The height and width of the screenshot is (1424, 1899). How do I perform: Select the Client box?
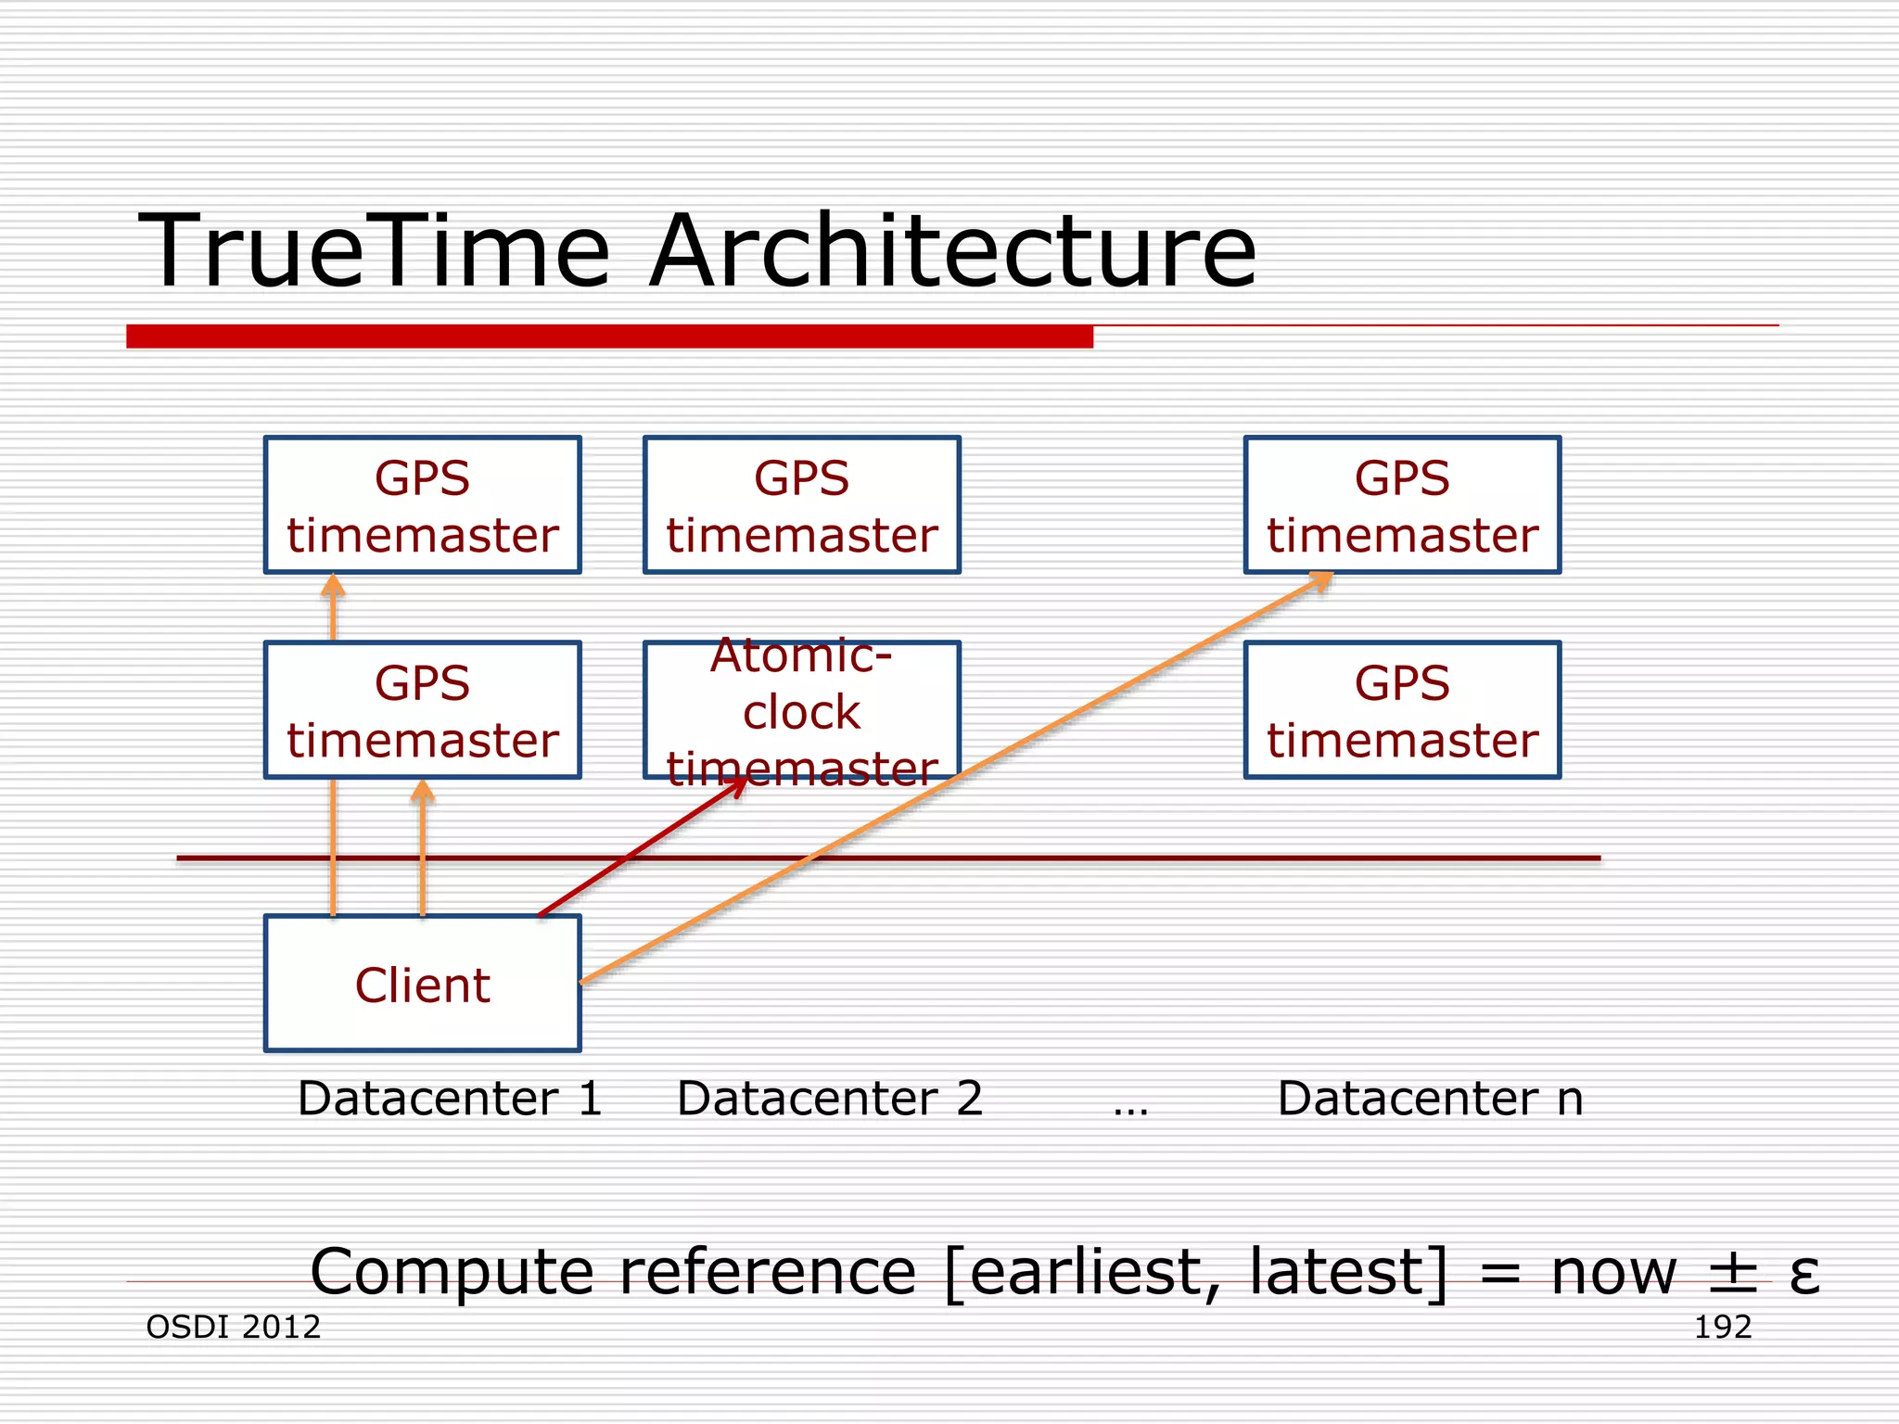(422, 984)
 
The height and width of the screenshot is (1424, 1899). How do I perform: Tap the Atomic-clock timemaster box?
(801, 710)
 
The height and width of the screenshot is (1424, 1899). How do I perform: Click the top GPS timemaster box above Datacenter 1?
(422, 505)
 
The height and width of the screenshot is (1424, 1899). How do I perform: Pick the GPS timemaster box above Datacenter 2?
(801, 505)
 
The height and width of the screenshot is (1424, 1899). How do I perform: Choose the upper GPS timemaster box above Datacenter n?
(1402, 505)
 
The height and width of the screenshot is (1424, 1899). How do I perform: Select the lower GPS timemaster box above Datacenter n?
(1402, 710)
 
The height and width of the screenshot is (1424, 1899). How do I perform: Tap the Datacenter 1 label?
(450, 1099)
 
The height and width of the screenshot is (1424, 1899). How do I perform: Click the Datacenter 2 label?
(830, 1099)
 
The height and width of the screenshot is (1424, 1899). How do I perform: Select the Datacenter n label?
(1430, 1099)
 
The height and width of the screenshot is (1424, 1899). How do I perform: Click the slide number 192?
(1722, 1327)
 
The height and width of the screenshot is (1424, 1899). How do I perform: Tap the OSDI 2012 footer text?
(234, 1327)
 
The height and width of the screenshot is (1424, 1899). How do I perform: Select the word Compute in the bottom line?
(452, 1273)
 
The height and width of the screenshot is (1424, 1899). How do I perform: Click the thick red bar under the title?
(609, 337)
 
